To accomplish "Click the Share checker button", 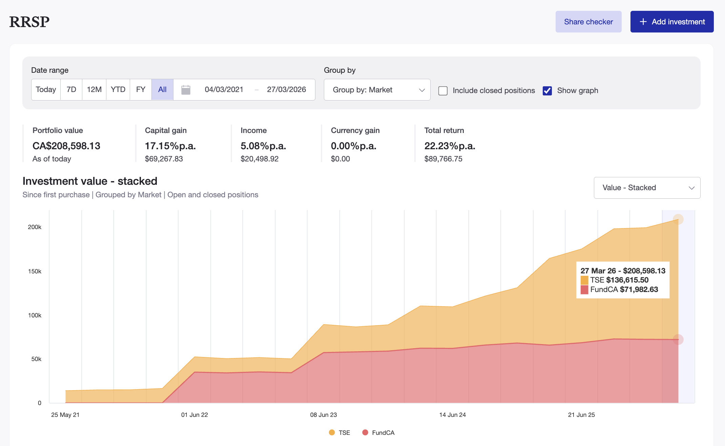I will tap(588, 22).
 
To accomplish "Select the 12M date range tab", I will tap(94, 90).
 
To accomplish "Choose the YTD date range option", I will tap(118, 90).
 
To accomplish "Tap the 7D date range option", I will tap(71, 90).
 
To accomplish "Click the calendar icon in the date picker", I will tap(186, 90).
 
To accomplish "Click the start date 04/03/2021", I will tap(224, 90).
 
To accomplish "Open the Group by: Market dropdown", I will tap(377, 90).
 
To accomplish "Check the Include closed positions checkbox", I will tap(443, 91).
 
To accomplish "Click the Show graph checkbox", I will tap(547, 91).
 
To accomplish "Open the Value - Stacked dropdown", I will tap(647, 188).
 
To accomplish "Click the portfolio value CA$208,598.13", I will tap(66, 146).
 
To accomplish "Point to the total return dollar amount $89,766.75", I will tap(443, 159).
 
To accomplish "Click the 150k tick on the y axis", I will tap(35, 271).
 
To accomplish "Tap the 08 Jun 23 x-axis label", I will tap(323, 415).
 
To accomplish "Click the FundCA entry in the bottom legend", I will tap(378, 432).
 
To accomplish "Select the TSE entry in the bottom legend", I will tap(339, 432).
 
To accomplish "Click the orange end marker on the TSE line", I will tap(678, 219).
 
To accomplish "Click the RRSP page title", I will tap(29, 22).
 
